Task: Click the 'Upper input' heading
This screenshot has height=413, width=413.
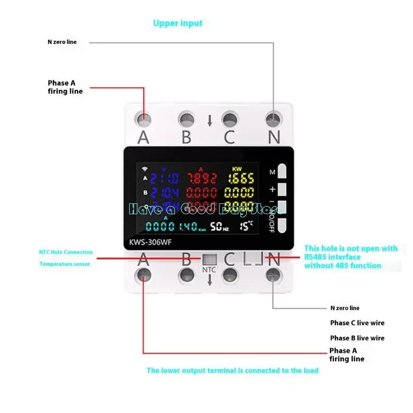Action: [178, 23]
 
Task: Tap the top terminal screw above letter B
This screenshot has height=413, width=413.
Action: [186, 120]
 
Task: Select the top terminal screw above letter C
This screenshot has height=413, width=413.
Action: [229, 120]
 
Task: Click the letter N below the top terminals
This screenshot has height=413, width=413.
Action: [274, 137]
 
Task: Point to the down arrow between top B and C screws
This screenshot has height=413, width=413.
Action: [210, 121]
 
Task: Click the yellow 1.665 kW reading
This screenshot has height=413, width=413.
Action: [241, 179]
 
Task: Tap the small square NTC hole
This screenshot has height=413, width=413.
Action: [209, 260]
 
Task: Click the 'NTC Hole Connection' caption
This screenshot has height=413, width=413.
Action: [66, 252]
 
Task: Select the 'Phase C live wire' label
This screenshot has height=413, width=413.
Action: [357, 323]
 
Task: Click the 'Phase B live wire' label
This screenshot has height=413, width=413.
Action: [357, 338]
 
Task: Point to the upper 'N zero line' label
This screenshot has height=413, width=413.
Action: [62, 42]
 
